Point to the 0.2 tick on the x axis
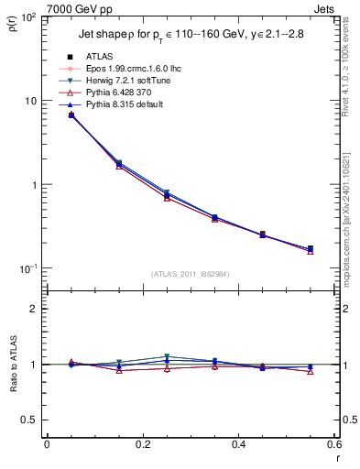[x=142, y=444]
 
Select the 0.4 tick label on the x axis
[x=238, y=444]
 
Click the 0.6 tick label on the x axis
[x=333, y=444]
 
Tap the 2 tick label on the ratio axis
[x=35, y=309]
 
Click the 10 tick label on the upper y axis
[x=32, y=101]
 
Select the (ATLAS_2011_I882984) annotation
[x=190, y=272]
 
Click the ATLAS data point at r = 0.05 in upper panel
[x=71, y=115]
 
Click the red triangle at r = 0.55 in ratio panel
[x=311, y=372]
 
